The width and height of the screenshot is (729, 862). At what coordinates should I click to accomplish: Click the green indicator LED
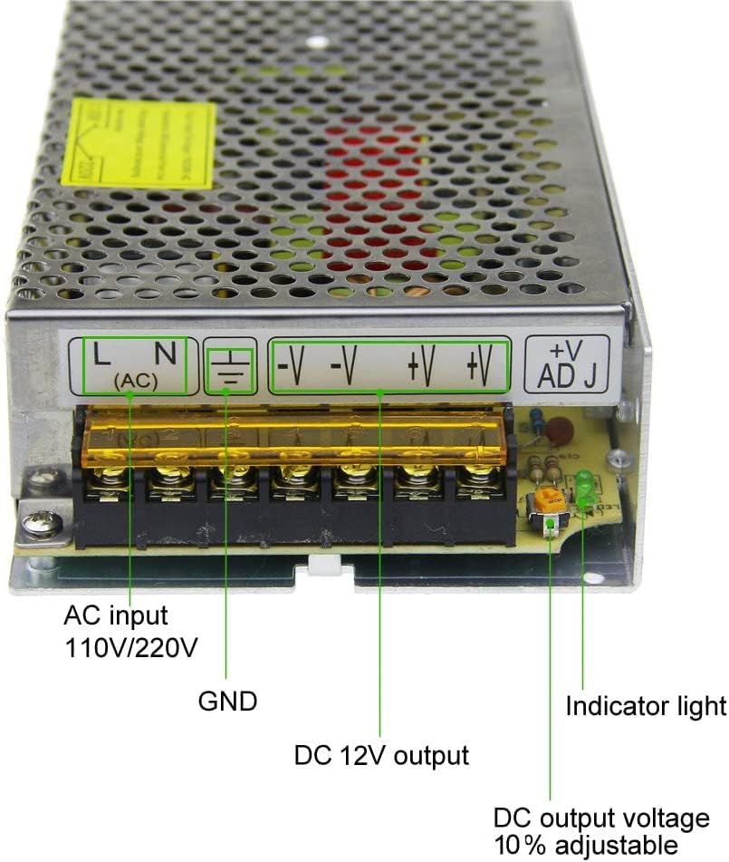click(x=584, y=489)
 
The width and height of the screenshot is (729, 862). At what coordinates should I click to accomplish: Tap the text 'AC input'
click(x=115, y=616)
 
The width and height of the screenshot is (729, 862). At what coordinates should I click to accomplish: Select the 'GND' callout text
click(x=227, y=702)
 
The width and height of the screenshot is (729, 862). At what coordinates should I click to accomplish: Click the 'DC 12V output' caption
click(x=381, y=755)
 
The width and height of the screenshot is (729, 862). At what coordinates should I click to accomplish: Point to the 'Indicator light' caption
click(x=646, y=705)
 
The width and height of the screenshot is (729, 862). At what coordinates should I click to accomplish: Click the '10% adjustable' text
click(x=584, y=846)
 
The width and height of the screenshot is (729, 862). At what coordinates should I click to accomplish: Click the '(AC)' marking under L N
click(x=137, y=382)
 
